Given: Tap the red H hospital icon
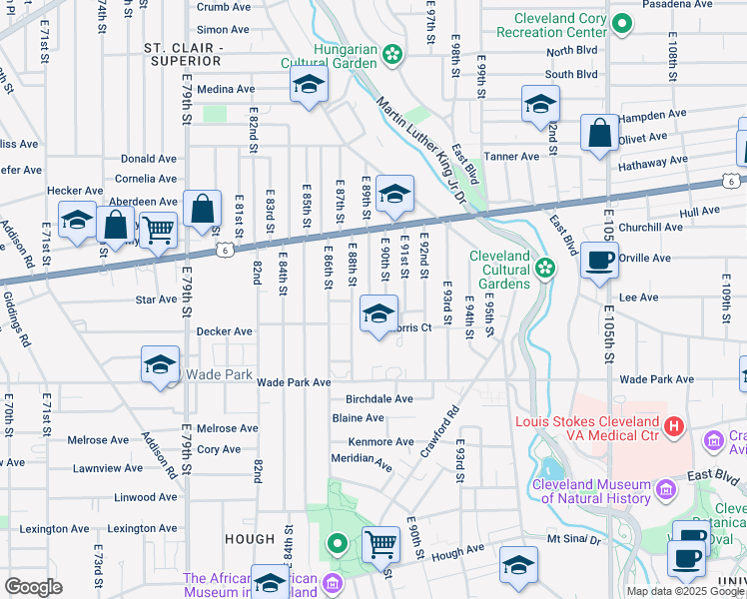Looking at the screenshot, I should coord(674,427).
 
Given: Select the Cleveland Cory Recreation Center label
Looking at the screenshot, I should coord(559,25).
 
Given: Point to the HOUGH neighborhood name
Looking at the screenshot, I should coord(250,539).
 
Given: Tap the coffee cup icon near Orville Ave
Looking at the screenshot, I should coord(599,261).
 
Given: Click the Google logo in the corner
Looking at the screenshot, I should coord(33,587).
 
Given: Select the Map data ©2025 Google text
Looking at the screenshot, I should coord(685,591).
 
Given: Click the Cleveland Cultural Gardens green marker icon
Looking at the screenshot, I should coord(545,267).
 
